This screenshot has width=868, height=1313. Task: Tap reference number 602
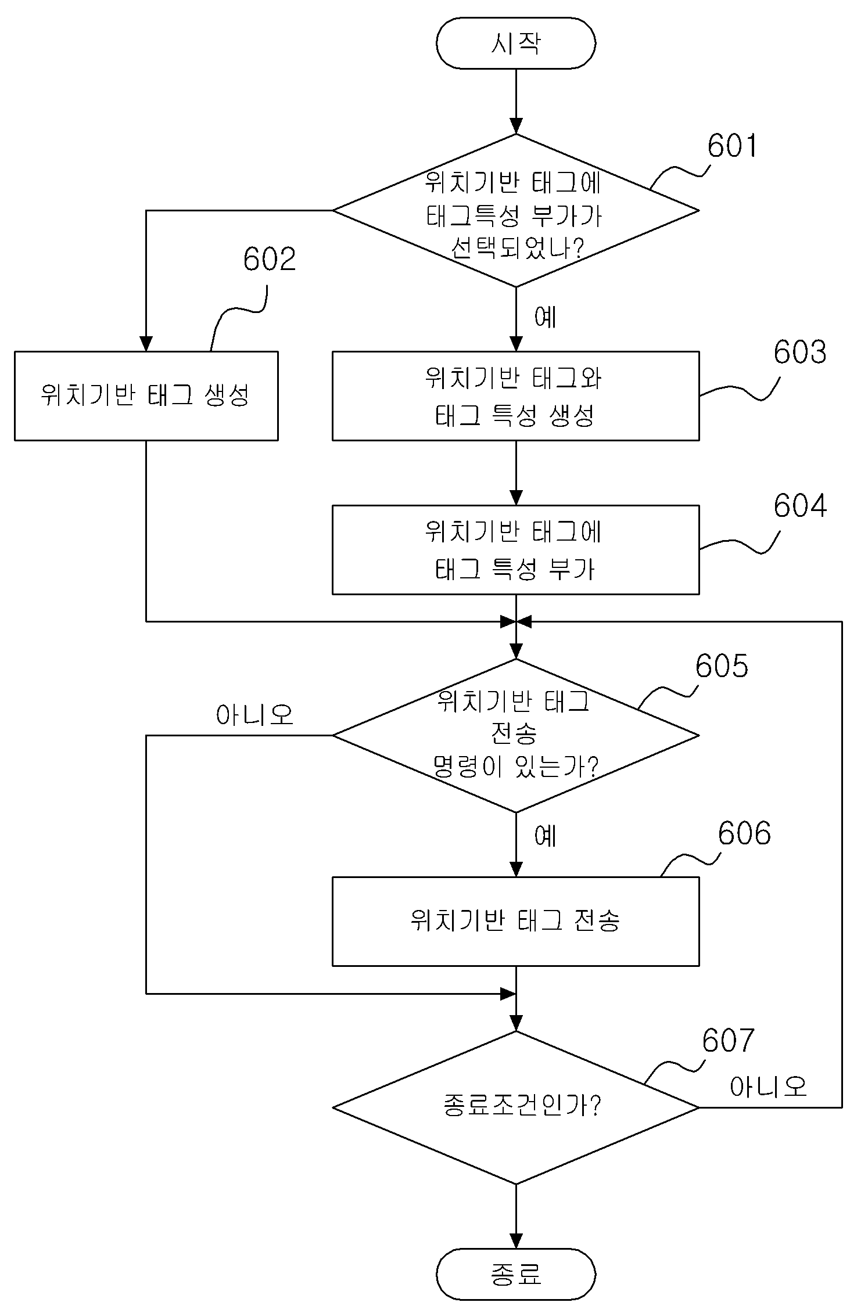pyautogui.click(x=270, y=259)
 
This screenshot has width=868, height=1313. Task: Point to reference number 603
pyautogui.click(x=799, y=352)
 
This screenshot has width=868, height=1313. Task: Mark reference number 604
pyautogui.click(x=799, y=506)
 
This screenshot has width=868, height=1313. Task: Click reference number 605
pyautogui.click(x=722, y=666)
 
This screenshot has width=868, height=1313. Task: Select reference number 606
pyautogui.click(x=744, y=833)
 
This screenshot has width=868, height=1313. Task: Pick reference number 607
pyautogui.click(x=728, y=1040)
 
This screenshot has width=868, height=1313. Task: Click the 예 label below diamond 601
pyautogui.click(x=545, y=317)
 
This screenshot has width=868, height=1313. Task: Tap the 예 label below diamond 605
pyautogui.click(x=545, y=836)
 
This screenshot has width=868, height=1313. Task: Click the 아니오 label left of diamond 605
pyautogui.click(x=254, y=715)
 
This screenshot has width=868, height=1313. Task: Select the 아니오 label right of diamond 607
pyautogui.click(x=769, y=1086)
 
